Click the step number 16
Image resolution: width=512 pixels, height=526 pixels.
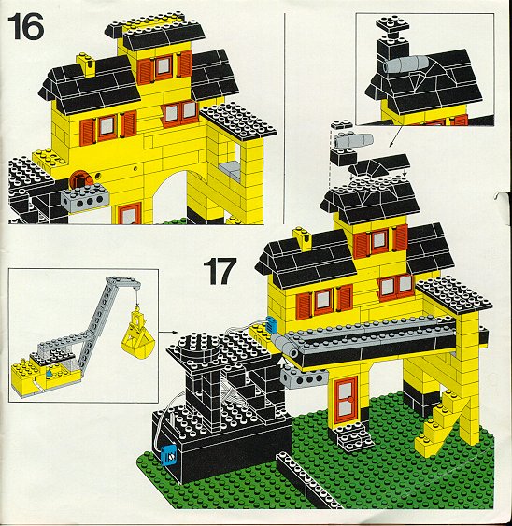point(26,26)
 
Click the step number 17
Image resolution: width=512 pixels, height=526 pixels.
point(220,271)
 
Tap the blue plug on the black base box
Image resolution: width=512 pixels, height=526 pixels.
point(168,456)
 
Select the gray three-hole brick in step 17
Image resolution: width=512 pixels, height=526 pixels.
point(305,377)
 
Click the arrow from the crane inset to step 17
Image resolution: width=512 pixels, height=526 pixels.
point(168,332)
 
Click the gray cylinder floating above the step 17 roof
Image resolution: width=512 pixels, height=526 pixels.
point(353,140)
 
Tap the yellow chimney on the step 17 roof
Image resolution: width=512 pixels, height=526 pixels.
point(303,238)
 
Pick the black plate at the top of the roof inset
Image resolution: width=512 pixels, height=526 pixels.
point(392,24)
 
